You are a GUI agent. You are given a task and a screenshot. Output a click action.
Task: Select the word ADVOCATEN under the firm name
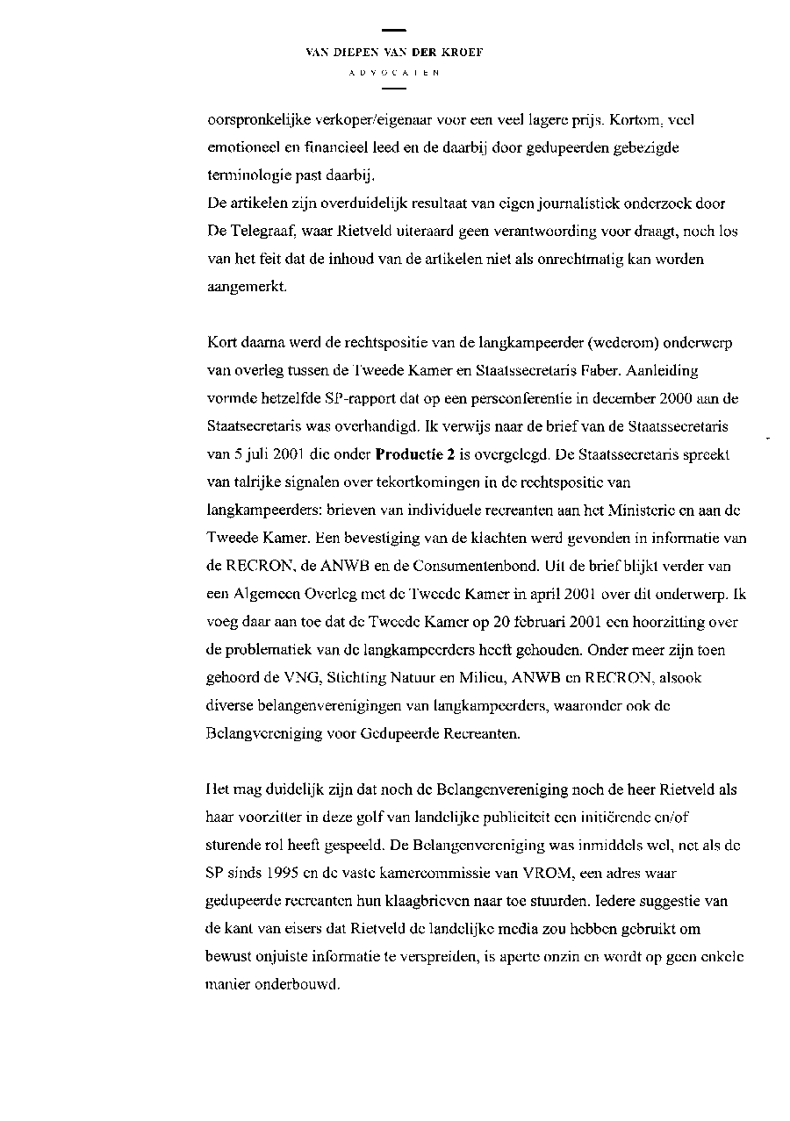pyautogui.click(x=394, y=73)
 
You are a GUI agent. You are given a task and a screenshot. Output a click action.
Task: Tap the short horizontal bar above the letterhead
pyautogui.click(x=394, y=32)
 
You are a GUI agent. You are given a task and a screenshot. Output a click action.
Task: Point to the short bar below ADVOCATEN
pyautogui.click(x=394, y=89)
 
